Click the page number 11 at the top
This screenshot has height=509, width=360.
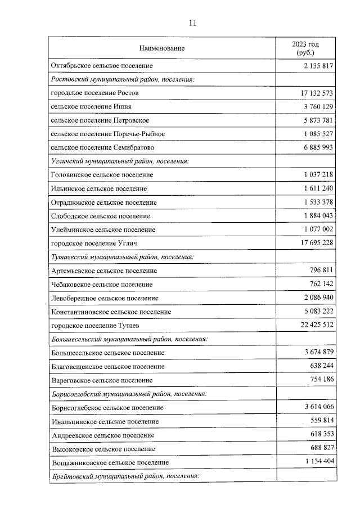pyautogui.click(x=193, y=23)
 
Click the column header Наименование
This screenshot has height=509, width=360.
pyautogui.click(x=162, y=48)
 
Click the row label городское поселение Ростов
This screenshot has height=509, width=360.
pyautogui.click(x=94, y=93)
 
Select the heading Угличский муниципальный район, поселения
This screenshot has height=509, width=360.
pyautogui.click(x=120, y=161)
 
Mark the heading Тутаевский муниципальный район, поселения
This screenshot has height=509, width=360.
pyautogui.click(x=122, y=257)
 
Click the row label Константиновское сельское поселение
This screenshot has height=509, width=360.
pyautogui.click(x=111, y=312)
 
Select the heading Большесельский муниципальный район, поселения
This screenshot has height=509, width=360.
pyautogui.click(x=129, y=339)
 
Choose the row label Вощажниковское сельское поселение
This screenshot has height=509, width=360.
pyautogui.click(x=109, y=462)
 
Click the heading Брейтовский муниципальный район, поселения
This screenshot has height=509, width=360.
pyautogui.click(x=125, y=476)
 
